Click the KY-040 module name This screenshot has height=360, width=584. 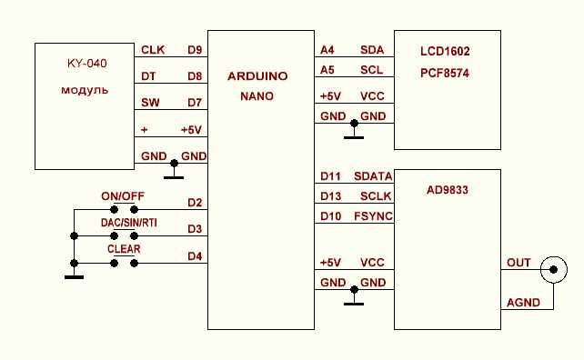(87, 64)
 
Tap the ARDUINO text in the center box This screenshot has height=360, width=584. (257, 76)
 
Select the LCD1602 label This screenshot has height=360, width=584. (445, 51)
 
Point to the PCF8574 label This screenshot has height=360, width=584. (445, 73)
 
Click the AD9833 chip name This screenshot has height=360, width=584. (447, 190)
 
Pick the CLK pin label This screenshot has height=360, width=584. (153, 50)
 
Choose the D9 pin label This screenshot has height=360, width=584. (195, 50)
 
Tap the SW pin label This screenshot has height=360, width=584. (150, 103)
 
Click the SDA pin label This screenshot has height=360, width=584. (372, 50)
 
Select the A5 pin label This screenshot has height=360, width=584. (327, 70)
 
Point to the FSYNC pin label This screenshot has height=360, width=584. (373, 216)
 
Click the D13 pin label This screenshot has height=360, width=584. (330, 196)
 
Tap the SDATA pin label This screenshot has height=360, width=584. (373, 176)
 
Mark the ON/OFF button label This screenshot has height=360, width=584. (123, 196)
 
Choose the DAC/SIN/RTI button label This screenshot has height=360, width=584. (129, 223)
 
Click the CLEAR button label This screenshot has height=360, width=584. (124, 249)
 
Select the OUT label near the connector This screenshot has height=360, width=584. (519, 263)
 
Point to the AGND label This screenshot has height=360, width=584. (523, 303)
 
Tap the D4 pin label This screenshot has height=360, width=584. (195, 256)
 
